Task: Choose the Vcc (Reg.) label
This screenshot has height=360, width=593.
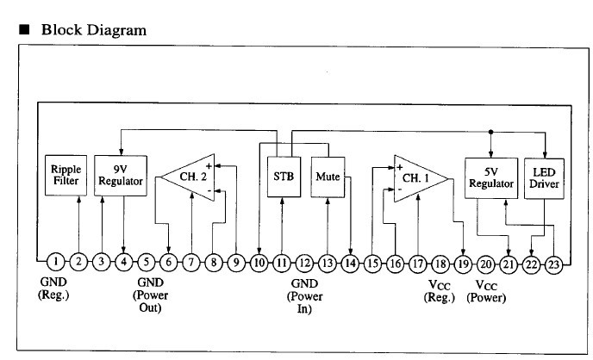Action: [x=441, y=290]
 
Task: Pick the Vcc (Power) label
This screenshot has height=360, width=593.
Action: [x=486, y=290]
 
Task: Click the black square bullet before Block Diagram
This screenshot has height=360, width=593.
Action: [x=24, y=30]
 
